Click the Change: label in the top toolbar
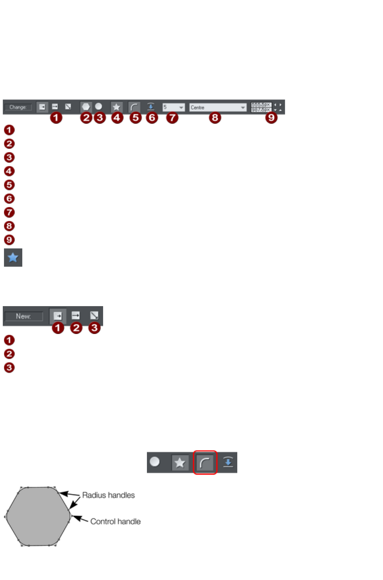click(x=18, y=107)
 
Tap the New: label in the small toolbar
click(x=23, y=316)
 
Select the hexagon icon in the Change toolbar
click(x=86, y=107)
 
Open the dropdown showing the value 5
click(x=173, y=107)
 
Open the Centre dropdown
click(x=218, y=107)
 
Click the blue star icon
click(x=13, y=257)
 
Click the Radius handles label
click(x=108, y=495)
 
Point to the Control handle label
click(x=115, y=521)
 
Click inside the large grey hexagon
click(x=38, y=516)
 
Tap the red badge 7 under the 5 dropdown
click(x=172, y=118)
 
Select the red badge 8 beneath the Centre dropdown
click(x=215, y=118)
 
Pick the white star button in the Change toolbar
click(x=116, y=107)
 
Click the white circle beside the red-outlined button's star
click(x=155, y=462)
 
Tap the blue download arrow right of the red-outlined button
click(x=228, y=462)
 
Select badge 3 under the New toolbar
click(x=94, y=328)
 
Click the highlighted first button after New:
click(x=58, y=316)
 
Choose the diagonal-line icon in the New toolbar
click(x=94, y=315)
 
